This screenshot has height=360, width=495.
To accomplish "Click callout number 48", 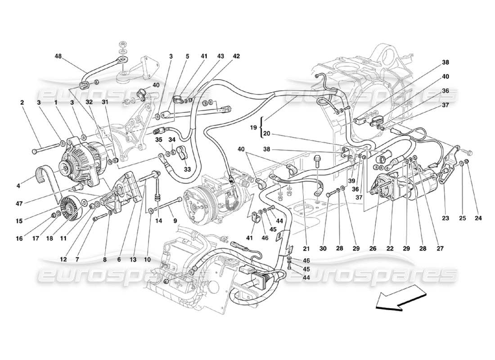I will [58, 57].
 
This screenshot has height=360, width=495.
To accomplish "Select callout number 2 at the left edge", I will [22, 102].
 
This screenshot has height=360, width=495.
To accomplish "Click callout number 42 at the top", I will [236, 57].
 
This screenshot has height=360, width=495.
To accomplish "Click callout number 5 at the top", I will [187, 57].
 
